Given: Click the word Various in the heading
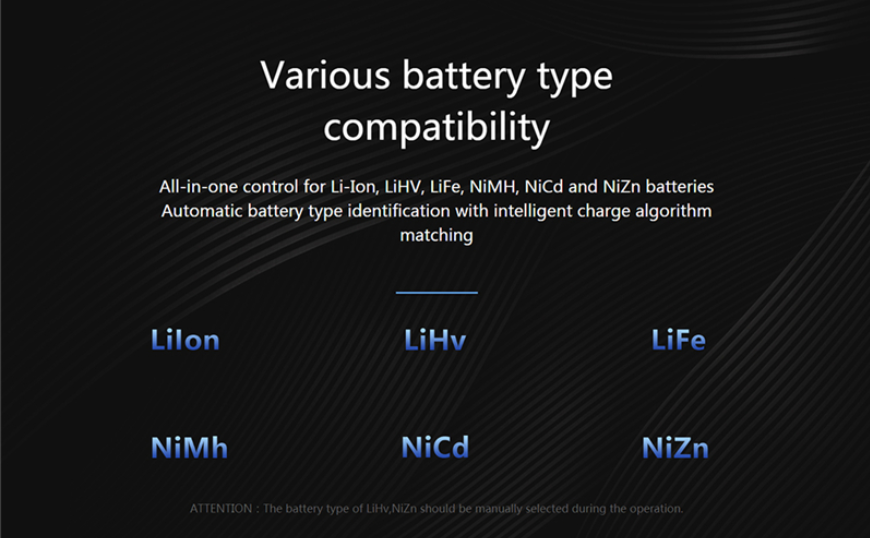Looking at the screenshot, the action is click(325, 75).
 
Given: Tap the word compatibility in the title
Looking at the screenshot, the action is click(437, 128).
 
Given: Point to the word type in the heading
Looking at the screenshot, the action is click(575, 78).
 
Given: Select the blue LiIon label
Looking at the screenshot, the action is click(185, 339).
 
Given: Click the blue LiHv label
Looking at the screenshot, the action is click(435, 339).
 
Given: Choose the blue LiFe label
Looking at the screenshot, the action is click(679, 339).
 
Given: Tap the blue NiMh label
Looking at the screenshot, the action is click(189, 447).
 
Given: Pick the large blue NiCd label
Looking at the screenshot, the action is click(435, 447).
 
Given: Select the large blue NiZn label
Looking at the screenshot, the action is click(675, 447).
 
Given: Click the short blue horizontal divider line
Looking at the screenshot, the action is click(437, 292).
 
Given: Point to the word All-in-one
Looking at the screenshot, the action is click(199, 186).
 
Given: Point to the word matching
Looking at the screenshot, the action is click(437, 236).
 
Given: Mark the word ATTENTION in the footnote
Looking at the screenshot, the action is click(221, 509).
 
